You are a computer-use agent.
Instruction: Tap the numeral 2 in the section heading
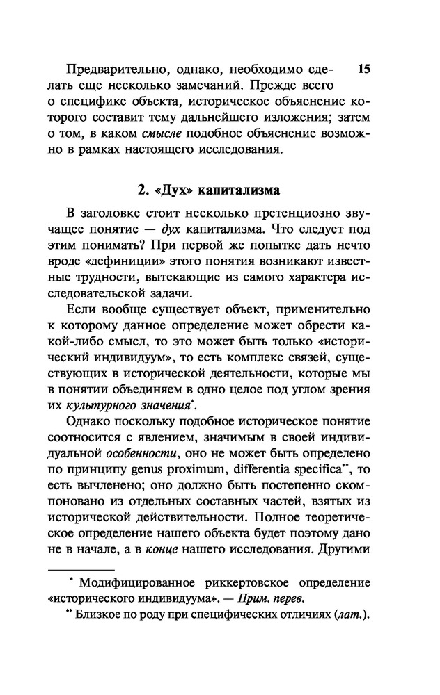[139, 189]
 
